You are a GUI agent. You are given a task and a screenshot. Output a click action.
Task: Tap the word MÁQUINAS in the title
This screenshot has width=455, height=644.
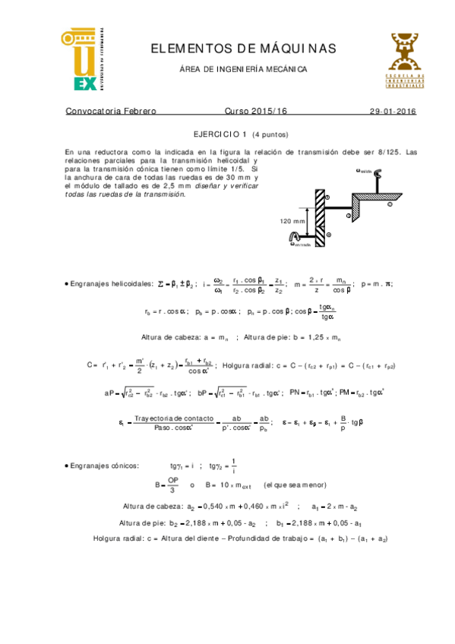[299, 49]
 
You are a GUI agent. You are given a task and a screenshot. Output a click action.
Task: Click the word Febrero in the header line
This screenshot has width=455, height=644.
[137, 111]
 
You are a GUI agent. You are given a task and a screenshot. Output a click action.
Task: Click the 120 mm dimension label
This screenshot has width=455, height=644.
[292, 222]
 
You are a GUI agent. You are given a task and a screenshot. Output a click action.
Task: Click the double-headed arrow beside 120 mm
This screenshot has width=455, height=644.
[306, 220]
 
